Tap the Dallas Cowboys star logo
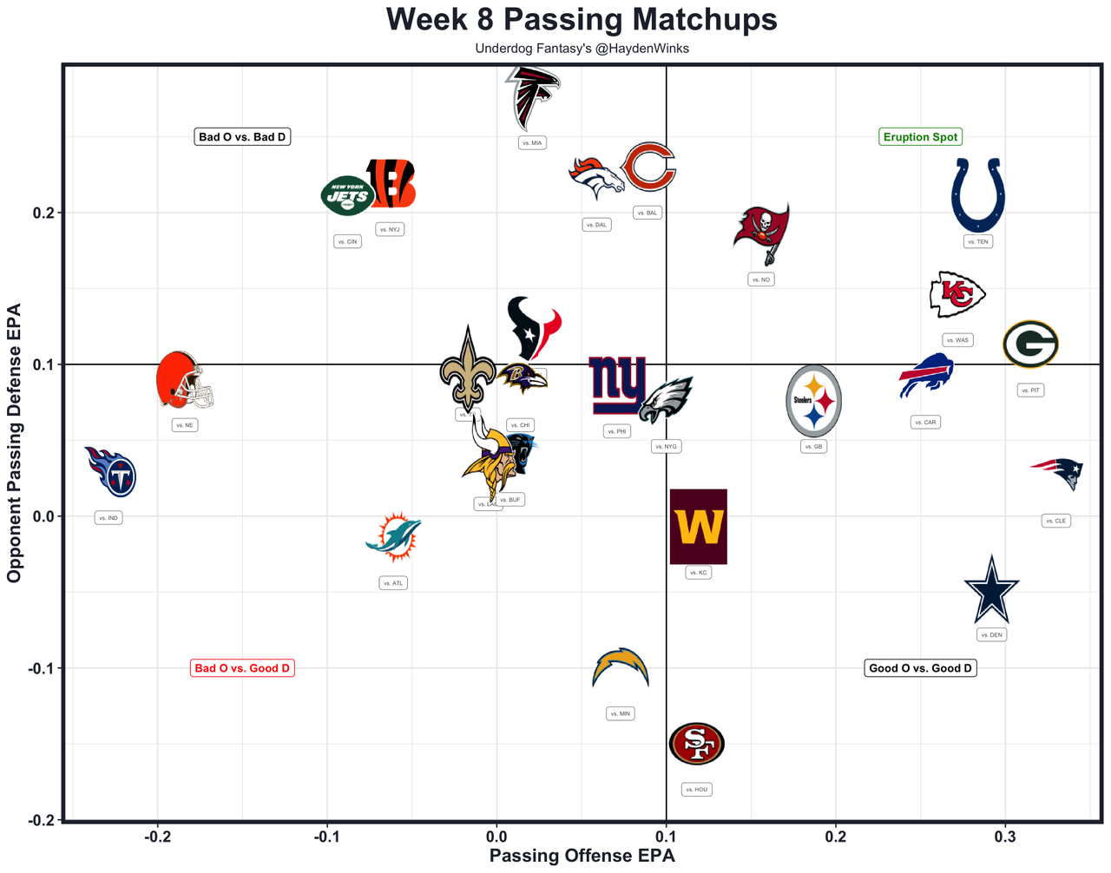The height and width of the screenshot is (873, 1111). click(991, 590)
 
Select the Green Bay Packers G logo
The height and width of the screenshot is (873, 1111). click(1030, 345)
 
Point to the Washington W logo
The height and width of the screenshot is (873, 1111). click(698, 527)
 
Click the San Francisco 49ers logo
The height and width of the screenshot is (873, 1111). click(696, 743)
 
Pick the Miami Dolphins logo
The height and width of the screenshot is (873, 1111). click(394, 536)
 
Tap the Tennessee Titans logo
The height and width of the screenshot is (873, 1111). click(112, 472)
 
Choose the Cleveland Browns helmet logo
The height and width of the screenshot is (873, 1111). click(183, 381)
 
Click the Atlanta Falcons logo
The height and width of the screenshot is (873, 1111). click(532, 97)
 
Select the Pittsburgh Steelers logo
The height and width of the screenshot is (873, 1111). click(813, 401)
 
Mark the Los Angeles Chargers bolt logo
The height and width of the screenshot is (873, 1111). click(620, 668)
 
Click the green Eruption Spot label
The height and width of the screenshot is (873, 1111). click(920, 137)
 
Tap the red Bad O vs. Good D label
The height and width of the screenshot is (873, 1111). click(242, 668)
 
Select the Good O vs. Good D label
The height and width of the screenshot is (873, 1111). click(920, 668)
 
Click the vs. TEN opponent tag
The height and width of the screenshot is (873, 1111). click(978, 242)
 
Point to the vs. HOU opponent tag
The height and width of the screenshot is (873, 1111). click(696, 790)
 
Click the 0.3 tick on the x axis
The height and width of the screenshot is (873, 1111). click(1005, 837)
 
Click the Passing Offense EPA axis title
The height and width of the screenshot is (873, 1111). click(582, 857)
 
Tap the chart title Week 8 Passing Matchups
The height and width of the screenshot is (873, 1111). click(582, 19)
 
